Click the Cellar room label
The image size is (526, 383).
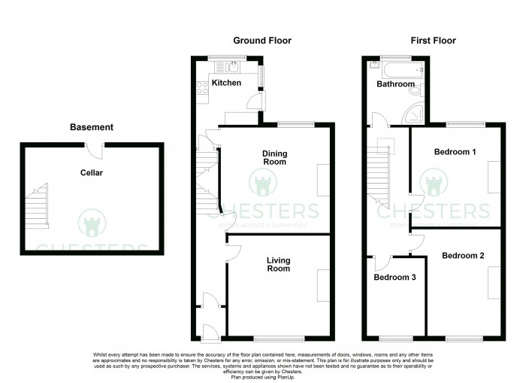[92, 173]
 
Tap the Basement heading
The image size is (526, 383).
[92, 127]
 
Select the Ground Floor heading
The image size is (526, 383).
[262, 41]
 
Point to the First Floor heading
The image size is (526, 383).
[433, 41]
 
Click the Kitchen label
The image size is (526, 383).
[226, 83]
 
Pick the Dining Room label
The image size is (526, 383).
[274, 158]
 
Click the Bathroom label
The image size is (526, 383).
[395, 84]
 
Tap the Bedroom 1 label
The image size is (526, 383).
[455, 152]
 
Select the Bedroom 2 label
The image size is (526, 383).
[462, 256]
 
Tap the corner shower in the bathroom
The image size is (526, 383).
[414, 114]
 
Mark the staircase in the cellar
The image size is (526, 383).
[37, 208]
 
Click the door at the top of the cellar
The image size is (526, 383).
[93, 150]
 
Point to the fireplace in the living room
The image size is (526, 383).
[323, 286]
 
